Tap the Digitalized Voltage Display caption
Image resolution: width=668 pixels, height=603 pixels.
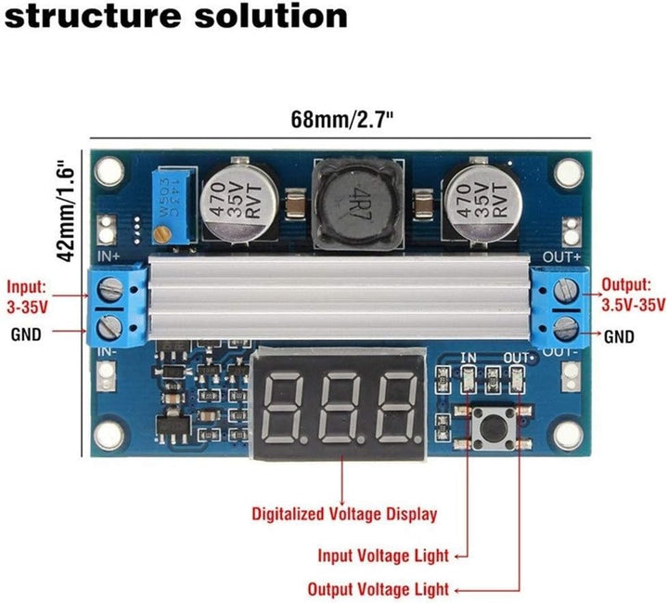[344, 513]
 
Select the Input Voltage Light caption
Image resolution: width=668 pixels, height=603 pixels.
[383, 556]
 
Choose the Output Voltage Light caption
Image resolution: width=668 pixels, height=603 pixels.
[379, 589]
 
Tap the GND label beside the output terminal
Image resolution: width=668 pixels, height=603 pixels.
[620, 337]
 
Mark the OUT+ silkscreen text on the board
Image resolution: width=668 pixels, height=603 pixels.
[562, 255]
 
